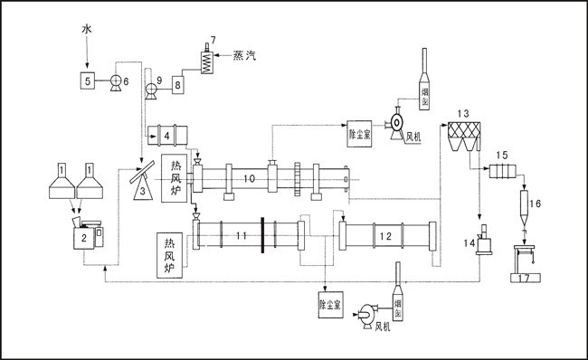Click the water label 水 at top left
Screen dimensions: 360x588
87,30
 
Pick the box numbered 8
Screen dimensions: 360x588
177,83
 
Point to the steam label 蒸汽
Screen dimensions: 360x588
244,56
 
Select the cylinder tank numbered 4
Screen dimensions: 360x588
168,135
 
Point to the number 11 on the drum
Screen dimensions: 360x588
241,236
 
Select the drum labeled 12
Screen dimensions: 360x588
386,237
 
